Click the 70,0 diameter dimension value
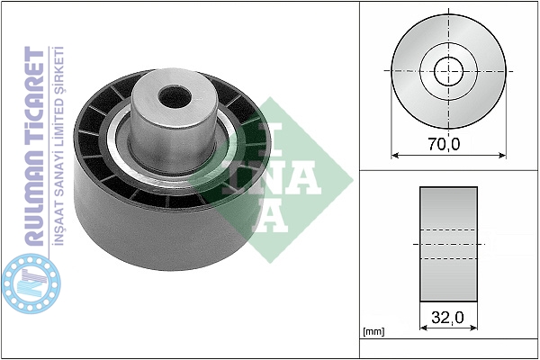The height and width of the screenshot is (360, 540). click(x=444, y=144)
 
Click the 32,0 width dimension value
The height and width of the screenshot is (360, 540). click(x=447, y=318)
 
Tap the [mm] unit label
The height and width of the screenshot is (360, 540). click(x=373, y=332)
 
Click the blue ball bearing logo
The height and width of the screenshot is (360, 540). click(x=31, y=283)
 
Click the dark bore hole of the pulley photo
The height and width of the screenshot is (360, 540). click(x=175, y=97)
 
